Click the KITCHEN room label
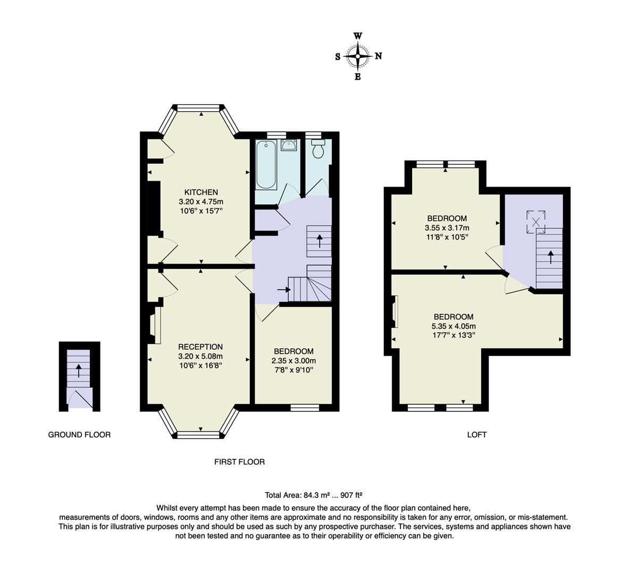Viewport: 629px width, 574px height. tap(201, 192)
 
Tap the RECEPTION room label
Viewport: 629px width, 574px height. tap(200, 347)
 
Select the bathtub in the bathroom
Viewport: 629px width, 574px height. tap(266, 165)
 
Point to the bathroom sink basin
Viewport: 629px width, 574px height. tap(289, 145)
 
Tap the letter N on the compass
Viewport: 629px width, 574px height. tap(378, 56)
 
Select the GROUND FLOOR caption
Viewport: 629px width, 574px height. tap(79, 435)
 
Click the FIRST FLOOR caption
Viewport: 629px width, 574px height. tap(239, 462)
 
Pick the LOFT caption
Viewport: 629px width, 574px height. tap(477, 435)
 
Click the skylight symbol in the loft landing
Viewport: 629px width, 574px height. tap(535, 222)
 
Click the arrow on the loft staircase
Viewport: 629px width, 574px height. tap(550, 257)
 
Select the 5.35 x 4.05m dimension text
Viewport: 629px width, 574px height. tap(454, 326)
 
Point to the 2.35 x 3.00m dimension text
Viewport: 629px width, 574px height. tap(293, 360)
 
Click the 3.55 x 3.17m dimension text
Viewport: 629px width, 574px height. tap(447, 228)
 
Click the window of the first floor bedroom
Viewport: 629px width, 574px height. tap(305, 408)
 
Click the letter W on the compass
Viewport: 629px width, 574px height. tap(358, 36)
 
